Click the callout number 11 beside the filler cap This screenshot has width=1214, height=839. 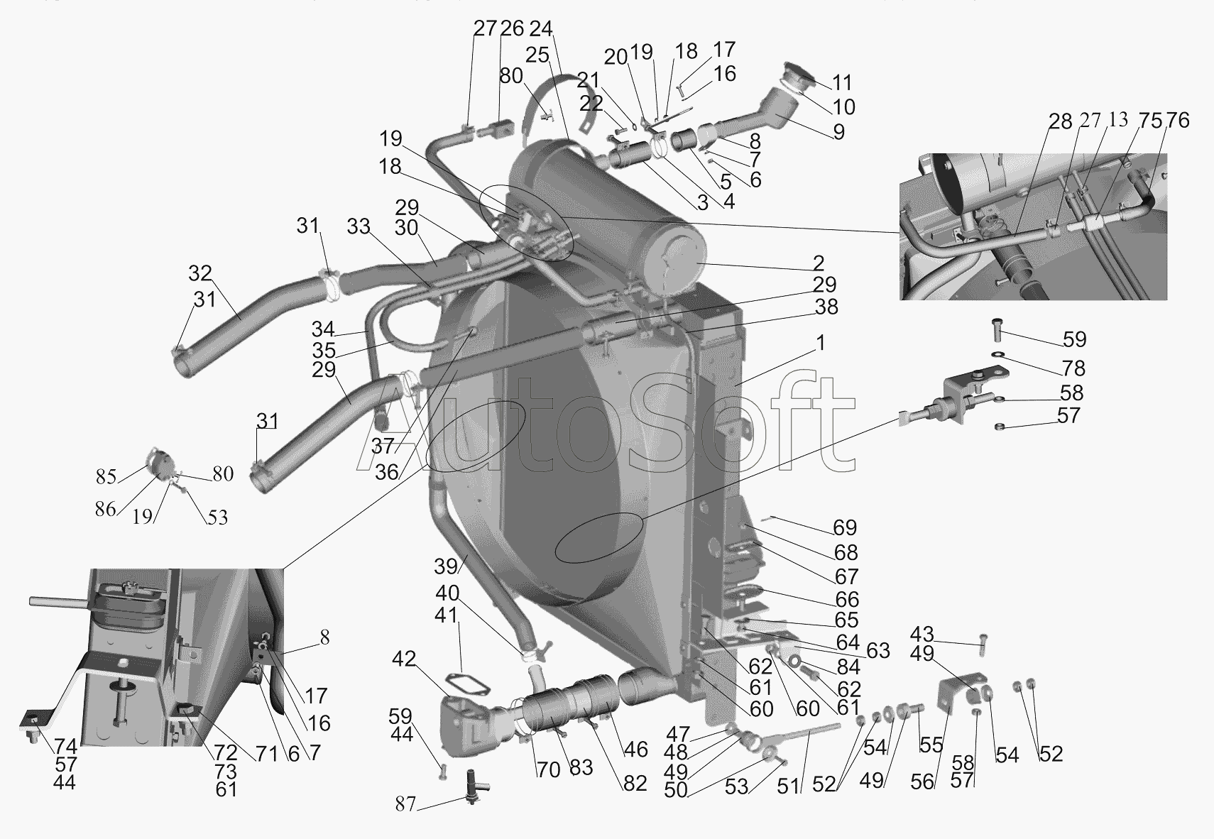(x=842, y=82)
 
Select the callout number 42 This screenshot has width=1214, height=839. (x=404, y=659)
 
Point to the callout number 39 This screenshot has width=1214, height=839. (x=446, y=566)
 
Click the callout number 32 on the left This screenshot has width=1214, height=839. (x=200, y=274)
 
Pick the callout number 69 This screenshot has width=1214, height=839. (x=845, y=527)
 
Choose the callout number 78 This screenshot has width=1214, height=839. (x=1074, y=368)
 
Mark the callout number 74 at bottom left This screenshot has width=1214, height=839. (x=65, y=746)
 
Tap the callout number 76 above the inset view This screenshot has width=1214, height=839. (x=1177, y=121)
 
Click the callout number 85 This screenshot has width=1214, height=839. (x=106, y=476)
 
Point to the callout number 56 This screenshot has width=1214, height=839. (x=922, y=782)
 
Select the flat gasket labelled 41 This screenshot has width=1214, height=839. (x=466, y=682)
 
